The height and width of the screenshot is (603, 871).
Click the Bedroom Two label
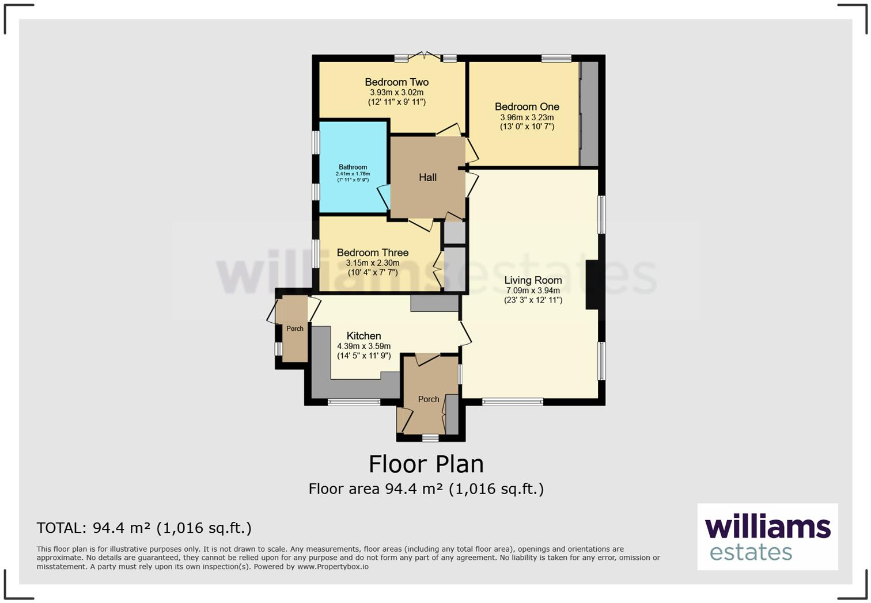pos(396,82)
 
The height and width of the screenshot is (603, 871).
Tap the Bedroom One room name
pos(527,106)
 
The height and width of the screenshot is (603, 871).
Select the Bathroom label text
pos(353,167)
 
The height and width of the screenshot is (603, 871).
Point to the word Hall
pos(427,178)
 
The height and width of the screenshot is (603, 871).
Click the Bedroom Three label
pos(372,253)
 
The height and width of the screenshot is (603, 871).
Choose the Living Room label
pos(533,280)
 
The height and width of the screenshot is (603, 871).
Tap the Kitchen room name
pos(363,336)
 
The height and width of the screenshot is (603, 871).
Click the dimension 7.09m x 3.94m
pos(533,291)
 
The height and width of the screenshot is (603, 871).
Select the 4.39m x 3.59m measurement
pos(363,346)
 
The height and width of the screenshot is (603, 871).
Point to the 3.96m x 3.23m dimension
pos(527,117)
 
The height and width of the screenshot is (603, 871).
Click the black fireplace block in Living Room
pos(592,285)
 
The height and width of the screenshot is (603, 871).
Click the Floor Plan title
pos(426,464)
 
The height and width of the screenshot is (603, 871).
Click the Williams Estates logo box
pos(767,536)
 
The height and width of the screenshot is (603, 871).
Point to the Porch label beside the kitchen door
pos(295,329)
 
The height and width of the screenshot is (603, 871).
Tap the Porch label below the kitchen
pos(429,399)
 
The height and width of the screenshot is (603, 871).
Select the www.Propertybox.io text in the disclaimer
pos(333,567)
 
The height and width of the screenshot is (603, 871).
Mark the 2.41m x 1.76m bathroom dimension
pos(353,174)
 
